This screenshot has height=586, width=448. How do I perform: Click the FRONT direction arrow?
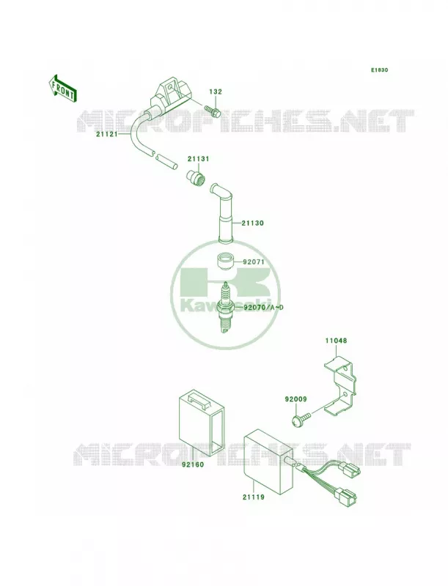tap(62, 88)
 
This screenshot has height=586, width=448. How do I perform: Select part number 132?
tap(216, 92)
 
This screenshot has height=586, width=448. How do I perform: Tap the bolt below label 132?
tap(213, 111)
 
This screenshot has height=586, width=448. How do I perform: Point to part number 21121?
tap(106, 134)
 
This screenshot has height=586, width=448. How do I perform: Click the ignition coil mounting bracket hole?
tap(171, 88)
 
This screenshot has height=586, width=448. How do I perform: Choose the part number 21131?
tap(199, 159)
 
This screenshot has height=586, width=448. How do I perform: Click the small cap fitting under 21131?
tap(196, 177)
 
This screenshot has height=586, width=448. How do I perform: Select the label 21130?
tap(252, 223)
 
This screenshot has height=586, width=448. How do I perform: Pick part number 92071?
tap(254, 262)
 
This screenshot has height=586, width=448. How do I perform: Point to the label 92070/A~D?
tap(264, 308)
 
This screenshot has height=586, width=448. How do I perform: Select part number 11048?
tap(335, 341)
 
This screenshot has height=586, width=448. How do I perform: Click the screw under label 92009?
tap(301, 419)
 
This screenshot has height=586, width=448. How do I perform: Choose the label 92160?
tap(193, 465)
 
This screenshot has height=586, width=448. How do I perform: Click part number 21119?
tap(253, 497)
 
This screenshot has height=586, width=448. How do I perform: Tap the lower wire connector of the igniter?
tap(347, 497)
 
